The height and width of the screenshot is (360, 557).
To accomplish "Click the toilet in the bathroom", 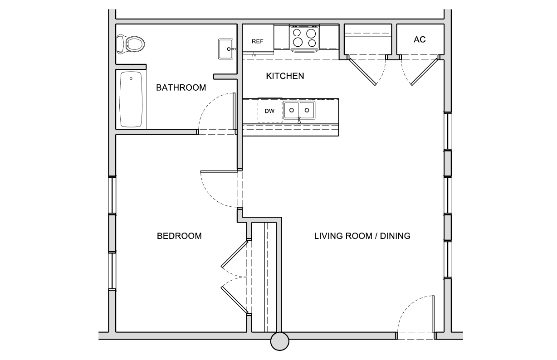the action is point(131,44).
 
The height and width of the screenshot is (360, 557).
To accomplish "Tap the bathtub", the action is point(131,99).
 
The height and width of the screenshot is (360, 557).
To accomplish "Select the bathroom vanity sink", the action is point(226,49).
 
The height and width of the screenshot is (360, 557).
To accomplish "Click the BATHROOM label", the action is point(181,88).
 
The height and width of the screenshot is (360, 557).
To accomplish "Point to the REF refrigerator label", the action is point(257,41).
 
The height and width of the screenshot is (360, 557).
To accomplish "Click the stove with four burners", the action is point(305,38).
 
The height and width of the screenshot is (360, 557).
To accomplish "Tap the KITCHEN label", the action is point(285,76).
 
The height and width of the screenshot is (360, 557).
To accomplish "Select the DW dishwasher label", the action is point(269,111).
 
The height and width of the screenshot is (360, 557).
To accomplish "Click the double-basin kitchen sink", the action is point(299,110).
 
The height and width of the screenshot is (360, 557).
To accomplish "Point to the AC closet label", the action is point(420,39).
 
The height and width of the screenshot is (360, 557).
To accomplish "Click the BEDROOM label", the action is point(179,236).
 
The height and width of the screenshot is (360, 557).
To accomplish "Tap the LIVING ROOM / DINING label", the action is point(362,236).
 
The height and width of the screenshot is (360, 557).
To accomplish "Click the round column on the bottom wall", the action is point(280,341).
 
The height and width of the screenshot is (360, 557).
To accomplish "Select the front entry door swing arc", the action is point(408,305).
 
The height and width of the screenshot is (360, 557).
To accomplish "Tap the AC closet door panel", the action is point(424,72).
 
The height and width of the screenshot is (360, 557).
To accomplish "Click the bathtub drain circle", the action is point(131,78).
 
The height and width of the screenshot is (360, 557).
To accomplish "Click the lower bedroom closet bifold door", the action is point(235,300).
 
